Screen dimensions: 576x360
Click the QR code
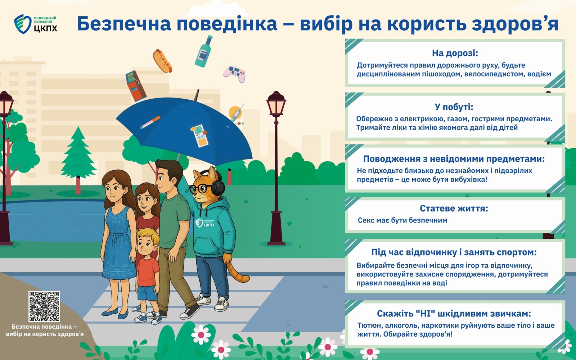tap(44, 306)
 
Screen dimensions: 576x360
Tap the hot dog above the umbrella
tap(162, 61)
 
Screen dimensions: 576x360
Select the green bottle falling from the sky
tap(203, 51)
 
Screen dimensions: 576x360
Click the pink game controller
tap(234, 74)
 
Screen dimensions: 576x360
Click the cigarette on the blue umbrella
tap(150, 122)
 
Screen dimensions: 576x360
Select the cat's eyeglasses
tap(201, 189)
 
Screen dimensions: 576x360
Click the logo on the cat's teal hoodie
tap(205, 223)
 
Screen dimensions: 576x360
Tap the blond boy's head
tap(147, 242)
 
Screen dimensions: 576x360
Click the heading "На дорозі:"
tap(455, 53)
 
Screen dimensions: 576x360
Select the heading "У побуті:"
tap(454, 107)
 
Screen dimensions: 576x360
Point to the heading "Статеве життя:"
tap(454, 208)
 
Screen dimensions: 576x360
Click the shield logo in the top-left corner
tap(23, 24)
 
